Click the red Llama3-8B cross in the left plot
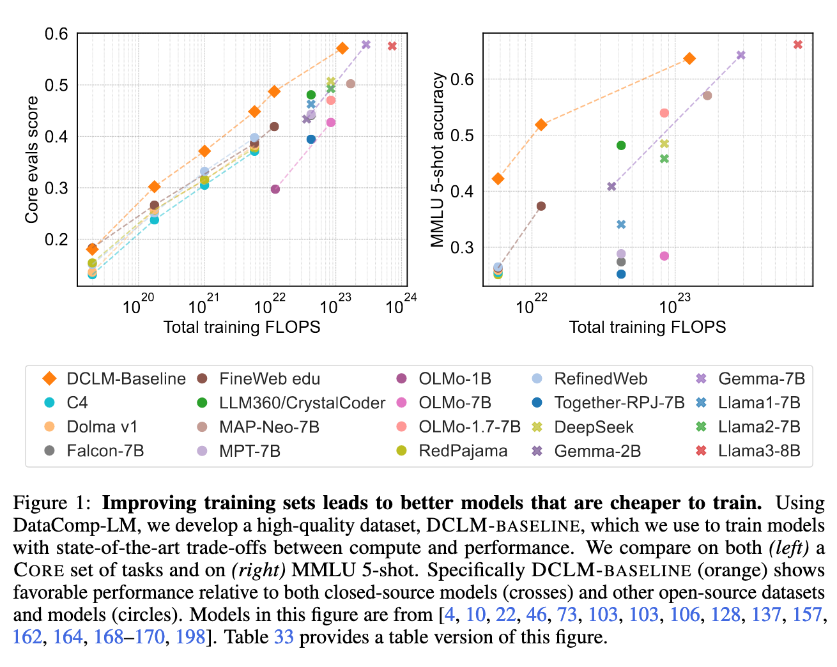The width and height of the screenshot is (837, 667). pyautogui.click(x=392, y=46)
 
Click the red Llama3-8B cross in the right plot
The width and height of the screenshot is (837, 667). pyautogui.click(x=797, y=45)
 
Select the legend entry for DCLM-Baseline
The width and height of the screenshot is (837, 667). pyautogui.click(x=114, y=379)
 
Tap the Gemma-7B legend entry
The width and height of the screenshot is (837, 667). pyautogui.click(x=750, y=379)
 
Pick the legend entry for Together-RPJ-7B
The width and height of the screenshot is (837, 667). pyautogui.click(x=608, y=403)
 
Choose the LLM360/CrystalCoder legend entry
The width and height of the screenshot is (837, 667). pyautogui.click(x=291, y=403)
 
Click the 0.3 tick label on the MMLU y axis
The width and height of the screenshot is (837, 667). pyautogui.click(x=463, y=247)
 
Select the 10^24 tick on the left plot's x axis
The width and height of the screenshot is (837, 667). pyautogui.click(x=400, y=305)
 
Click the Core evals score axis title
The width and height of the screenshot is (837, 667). pyautogui.click(x=32, y=160)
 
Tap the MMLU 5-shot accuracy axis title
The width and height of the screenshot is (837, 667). pyautogui.click(x=438, y=160)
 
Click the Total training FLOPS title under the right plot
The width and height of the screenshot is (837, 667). pyautogui.click(x=647, y=328)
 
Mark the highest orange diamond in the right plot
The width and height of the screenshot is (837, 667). pyautogui.click(x=689, y=59)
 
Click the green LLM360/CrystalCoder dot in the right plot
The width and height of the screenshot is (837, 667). pyautogui.click(x=621, y=146)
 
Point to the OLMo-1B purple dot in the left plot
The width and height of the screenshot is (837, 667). pyautogui.click(x=275, y=189)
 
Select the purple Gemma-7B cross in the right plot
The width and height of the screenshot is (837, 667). pyautogui.click(x=741, y=55)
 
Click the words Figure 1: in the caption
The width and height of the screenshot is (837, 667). pyautogui.click(x=50, y=503)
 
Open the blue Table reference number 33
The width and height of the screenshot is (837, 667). pyautogui.click(x=283, y=638)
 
